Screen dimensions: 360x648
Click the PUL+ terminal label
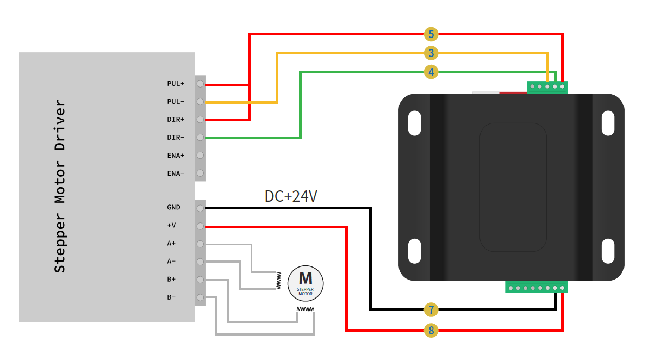[x=176, y=84]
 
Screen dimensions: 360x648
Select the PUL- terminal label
[x=176, y=102]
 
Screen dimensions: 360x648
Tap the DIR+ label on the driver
[x=176, y=120]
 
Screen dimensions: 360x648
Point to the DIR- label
[x=176, y=138]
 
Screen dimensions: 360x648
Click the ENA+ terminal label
[x=176, y=156]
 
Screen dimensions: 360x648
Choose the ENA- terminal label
[x=176, y=173]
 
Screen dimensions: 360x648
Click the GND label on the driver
[x=174, y=208]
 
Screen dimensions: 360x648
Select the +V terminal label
[x=171, y=226]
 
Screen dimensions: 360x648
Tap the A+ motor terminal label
[x=171, y=244]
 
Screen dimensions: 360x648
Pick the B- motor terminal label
[x=171, y=297]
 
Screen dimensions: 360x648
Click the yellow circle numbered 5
[x=431, y=34]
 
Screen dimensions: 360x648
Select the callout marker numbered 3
[x=431, y=53]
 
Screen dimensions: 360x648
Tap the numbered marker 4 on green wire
[x=431, y=71]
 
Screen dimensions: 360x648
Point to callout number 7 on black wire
[x=431, y=310]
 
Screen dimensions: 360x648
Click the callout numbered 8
[x=431, y=330]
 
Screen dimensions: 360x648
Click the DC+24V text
[x=291, y=196]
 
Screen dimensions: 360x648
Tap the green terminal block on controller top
[x=547, y=86]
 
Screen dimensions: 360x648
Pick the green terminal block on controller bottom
[x=537, y=287]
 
